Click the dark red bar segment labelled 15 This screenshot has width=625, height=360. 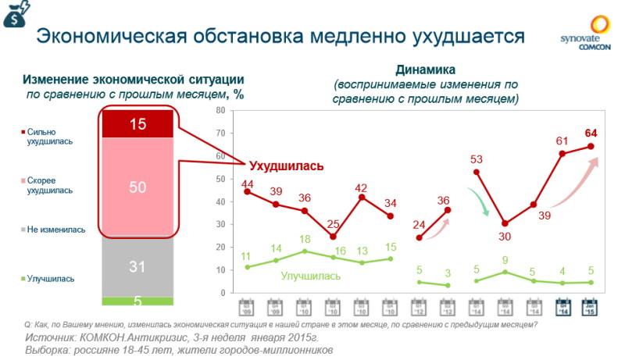[137, 123]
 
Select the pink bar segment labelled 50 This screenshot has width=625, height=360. [137, 187]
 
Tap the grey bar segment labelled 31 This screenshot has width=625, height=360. [137, 266]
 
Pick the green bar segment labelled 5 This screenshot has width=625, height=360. [137, 301]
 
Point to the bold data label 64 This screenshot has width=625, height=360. [591, 132]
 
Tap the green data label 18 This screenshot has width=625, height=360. [305, 240]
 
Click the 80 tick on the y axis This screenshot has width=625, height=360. [220, 111]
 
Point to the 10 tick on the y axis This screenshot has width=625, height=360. [220, 270]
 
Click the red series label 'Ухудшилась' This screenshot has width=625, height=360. [286, 166]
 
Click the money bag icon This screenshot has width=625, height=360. [15, 15]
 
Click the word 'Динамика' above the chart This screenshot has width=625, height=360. [425, 69]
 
